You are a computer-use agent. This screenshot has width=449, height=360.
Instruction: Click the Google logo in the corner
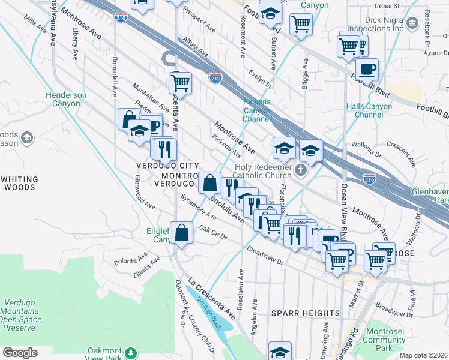pyautogui.click(x=20, y=353)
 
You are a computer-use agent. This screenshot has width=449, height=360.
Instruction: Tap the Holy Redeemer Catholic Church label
pyautogui.click(x=261, y=172)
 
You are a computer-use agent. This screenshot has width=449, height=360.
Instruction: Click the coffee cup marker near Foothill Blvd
pyautogui.click(x=366, y=68)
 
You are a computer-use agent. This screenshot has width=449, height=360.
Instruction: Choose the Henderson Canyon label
pyautogui.click(x=65, y=99)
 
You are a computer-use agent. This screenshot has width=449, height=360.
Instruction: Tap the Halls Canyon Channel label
pyautogui.click(x=369, y=110)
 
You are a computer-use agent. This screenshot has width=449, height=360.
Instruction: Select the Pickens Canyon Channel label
pyautogui.click(x=257, y=110)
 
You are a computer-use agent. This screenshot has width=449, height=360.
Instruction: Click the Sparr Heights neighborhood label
pyautogui.click(x=306, y=313)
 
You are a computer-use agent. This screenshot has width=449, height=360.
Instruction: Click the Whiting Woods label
pyautogui.click(x=20, y=183)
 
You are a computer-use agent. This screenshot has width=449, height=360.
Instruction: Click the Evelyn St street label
pyautogui.click(x=261, y=76)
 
